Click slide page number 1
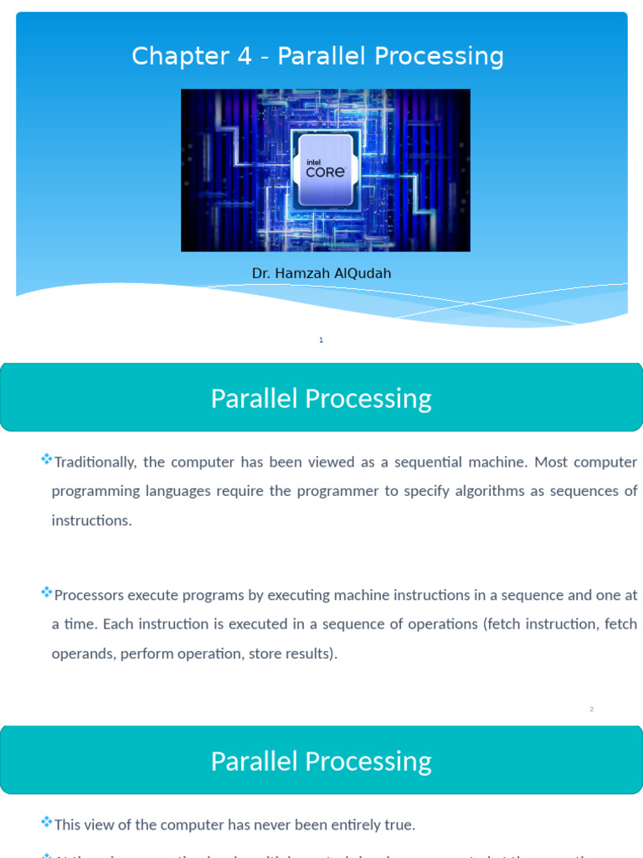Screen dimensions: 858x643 321,340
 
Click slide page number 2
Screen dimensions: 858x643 591,710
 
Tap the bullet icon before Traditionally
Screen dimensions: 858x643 46,460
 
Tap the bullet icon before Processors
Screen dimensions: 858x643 46,592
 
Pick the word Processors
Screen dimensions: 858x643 90,595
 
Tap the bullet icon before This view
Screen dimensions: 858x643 46,822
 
